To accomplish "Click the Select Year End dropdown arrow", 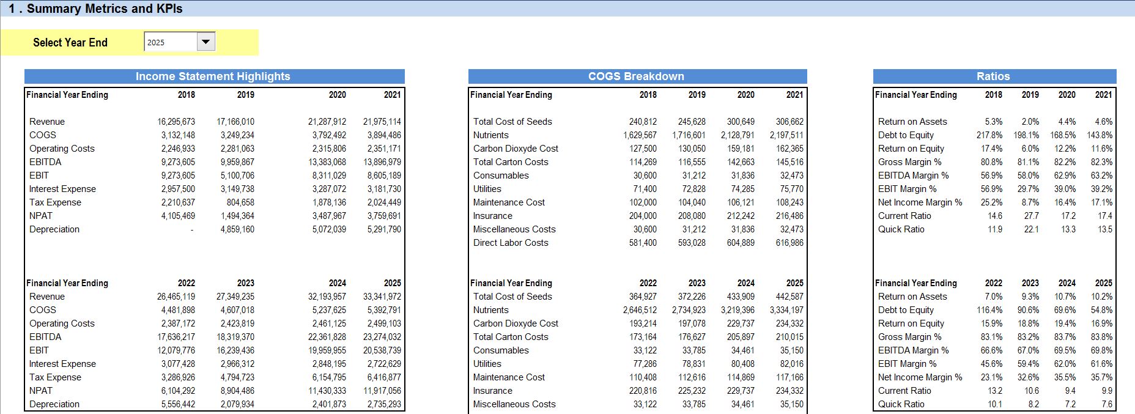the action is tap(206, 42).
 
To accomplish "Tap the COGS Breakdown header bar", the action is tap(637, 76).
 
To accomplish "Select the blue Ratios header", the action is tap(994, 76).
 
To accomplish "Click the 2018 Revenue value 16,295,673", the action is tap(176, 122).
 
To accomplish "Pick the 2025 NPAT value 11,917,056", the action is tap(382, 391).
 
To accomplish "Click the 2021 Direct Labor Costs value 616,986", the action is tap(790, 243).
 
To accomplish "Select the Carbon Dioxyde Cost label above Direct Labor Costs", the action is tap(516, 149).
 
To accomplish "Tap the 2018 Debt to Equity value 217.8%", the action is tap(989, 135).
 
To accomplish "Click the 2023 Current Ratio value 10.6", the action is tap(1032, 391).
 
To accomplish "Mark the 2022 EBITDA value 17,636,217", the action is tap(176, 337).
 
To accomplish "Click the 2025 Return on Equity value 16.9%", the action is tap(1102, 323).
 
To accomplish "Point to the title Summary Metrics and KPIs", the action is tap(105, 9).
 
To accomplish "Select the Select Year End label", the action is tap(70, 42).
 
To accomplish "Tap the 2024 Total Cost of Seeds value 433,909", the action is tap(741, 297).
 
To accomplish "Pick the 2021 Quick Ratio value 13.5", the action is tap(1105, 229).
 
